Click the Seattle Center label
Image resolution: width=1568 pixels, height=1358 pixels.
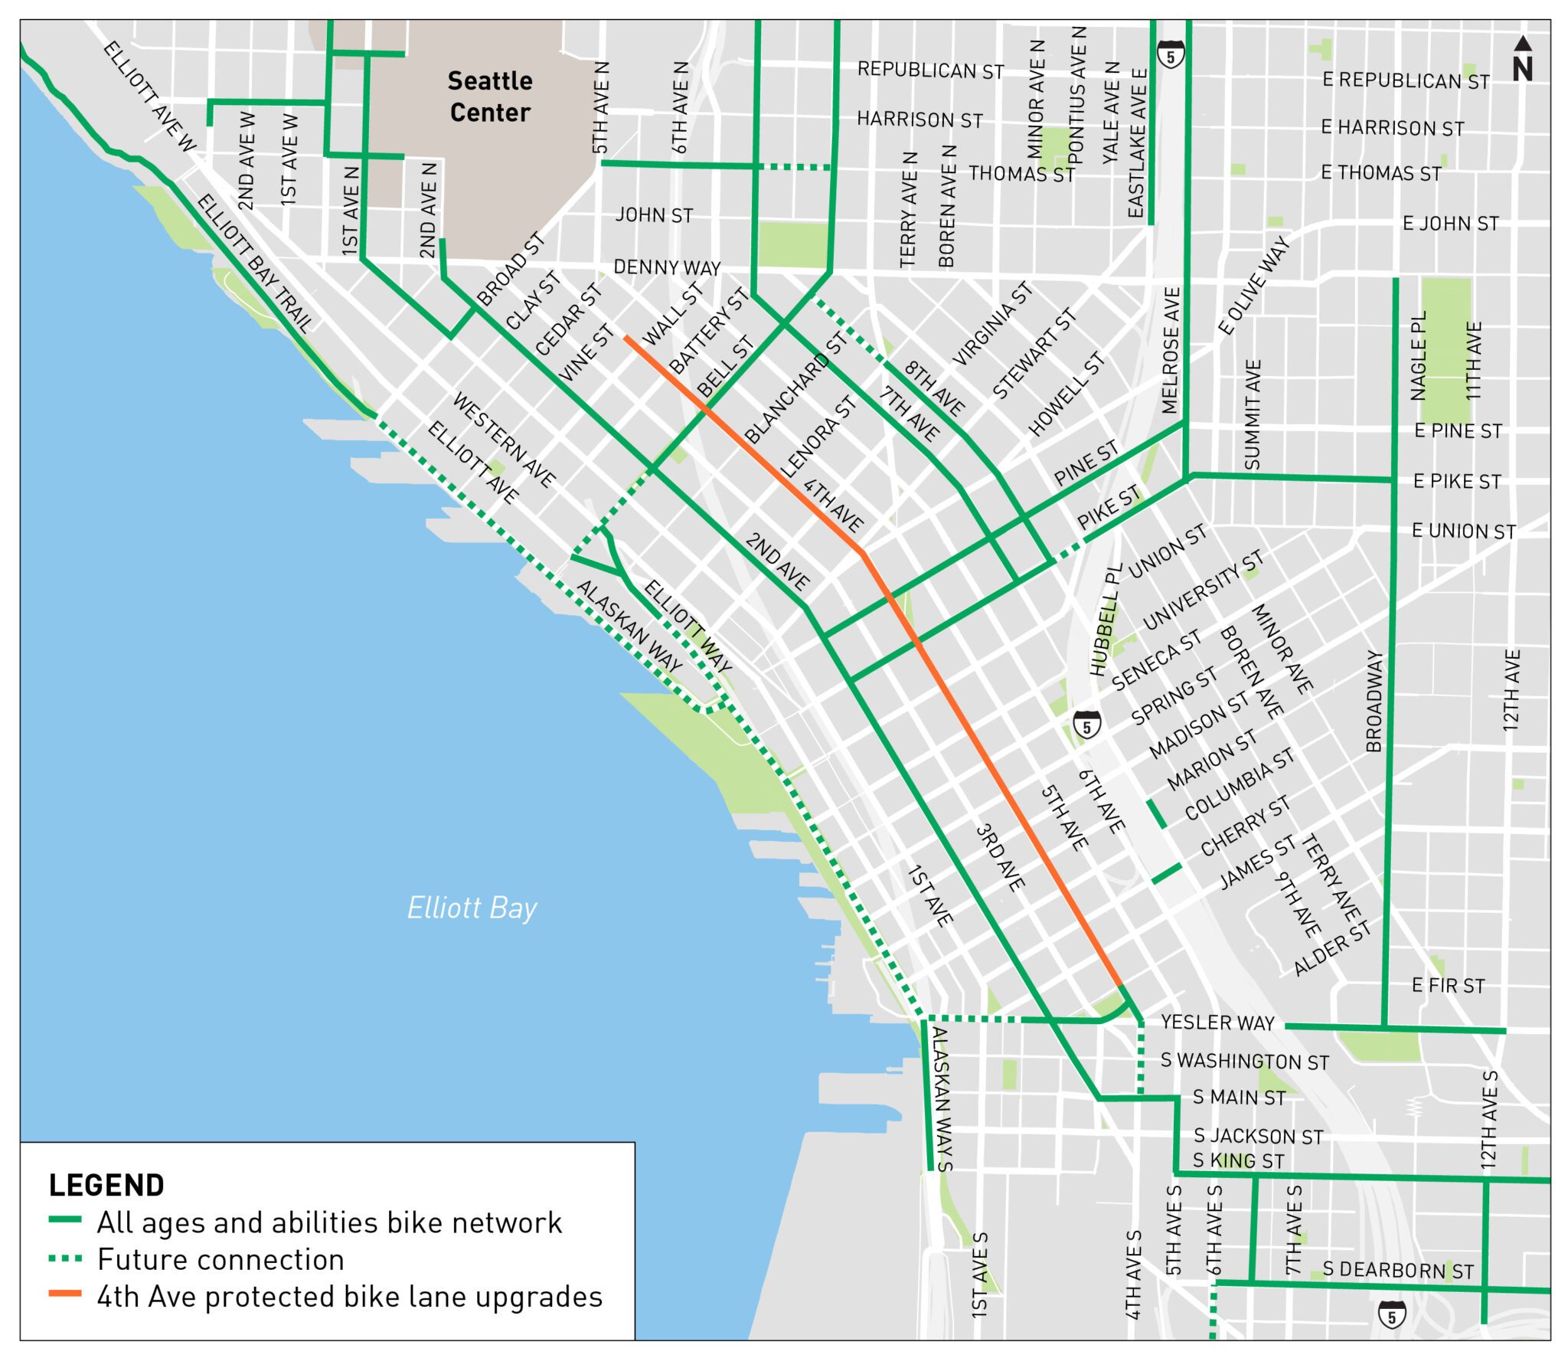pos(489,97)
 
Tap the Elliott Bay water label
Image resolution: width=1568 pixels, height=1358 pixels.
pos(472,908)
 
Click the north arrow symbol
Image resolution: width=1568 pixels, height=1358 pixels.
pos(1522,60)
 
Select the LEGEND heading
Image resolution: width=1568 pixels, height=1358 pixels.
pos(106,1186)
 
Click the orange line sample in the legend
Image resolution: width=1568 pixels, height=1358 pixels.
pos(65,1294)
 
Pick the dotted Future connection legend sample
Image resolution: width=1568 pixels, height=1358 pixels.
pos(65,1258)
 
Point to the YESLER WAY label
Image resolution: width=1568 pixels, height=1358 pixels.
pos(1217,1023)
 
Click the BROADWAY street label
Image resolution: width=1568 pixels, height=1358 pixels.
pos(1374,702)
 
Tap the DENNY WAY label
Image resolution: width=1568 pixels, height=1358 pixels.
pos(667,267)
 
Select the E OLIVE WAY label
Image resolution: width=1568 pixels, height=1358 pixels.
pos(1253,286)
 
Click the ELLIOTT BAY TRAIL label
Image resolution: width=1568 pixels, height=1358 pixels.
pos(255,263)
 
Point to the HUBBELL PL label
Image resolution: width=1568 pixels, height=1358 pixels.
pos(1105,620)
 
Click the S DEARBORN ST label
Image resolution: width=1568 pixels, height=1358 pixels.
pos(1398,1270)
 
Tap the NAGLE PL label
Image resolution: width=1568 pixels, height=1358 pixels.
pos(1418,355)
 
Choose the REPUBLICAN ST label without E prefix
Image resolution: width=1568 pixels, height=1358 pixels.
pos(930,70)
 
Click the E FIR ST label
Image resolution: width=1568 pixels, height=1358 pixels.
pos(1448,986)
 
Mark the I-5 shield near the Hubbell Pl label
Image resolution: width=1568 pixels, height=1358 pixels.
pos(1086,725)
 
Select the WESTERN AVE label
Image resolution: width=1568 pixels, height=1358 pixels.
pos(504,440)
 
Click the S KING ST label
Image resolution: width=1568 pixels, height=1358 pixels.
pos(1238,1161)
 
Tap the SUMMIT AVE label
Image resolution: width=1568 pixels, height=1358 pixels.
pos(1253,414)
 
